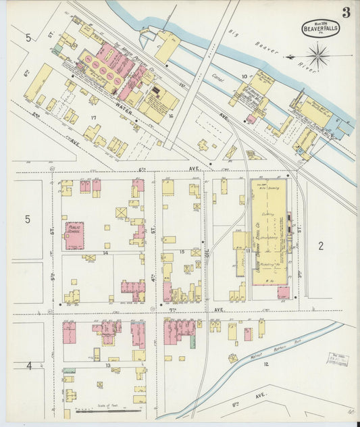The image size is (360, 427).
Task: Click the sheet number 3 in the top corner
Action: coord(345,11)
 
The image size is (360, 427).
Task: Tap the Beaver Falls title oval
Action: coord(320,28)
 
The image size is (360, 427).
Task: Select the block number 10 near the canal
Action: coord(244,77)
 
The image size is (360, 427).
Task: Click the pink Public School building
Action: coord(74,231)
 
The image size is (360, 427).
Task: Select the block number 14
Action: coord(105,253)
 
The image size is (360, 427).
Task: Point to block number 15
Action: coord(182,252)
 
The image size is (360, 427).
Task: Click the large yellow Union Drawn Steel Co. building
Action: coord(269,230)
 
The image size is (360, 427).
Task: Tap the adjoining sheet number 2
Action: coord(322,245)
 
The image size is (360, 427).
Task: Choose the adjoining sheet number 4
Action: coord(29,366)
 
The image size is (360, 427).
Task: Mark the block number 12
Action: coord(265,364)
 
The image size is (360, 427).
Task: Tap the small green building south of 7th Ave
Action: coord(192,342)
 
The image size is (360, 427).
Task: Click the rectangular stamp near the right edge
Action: coord(337,359)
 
